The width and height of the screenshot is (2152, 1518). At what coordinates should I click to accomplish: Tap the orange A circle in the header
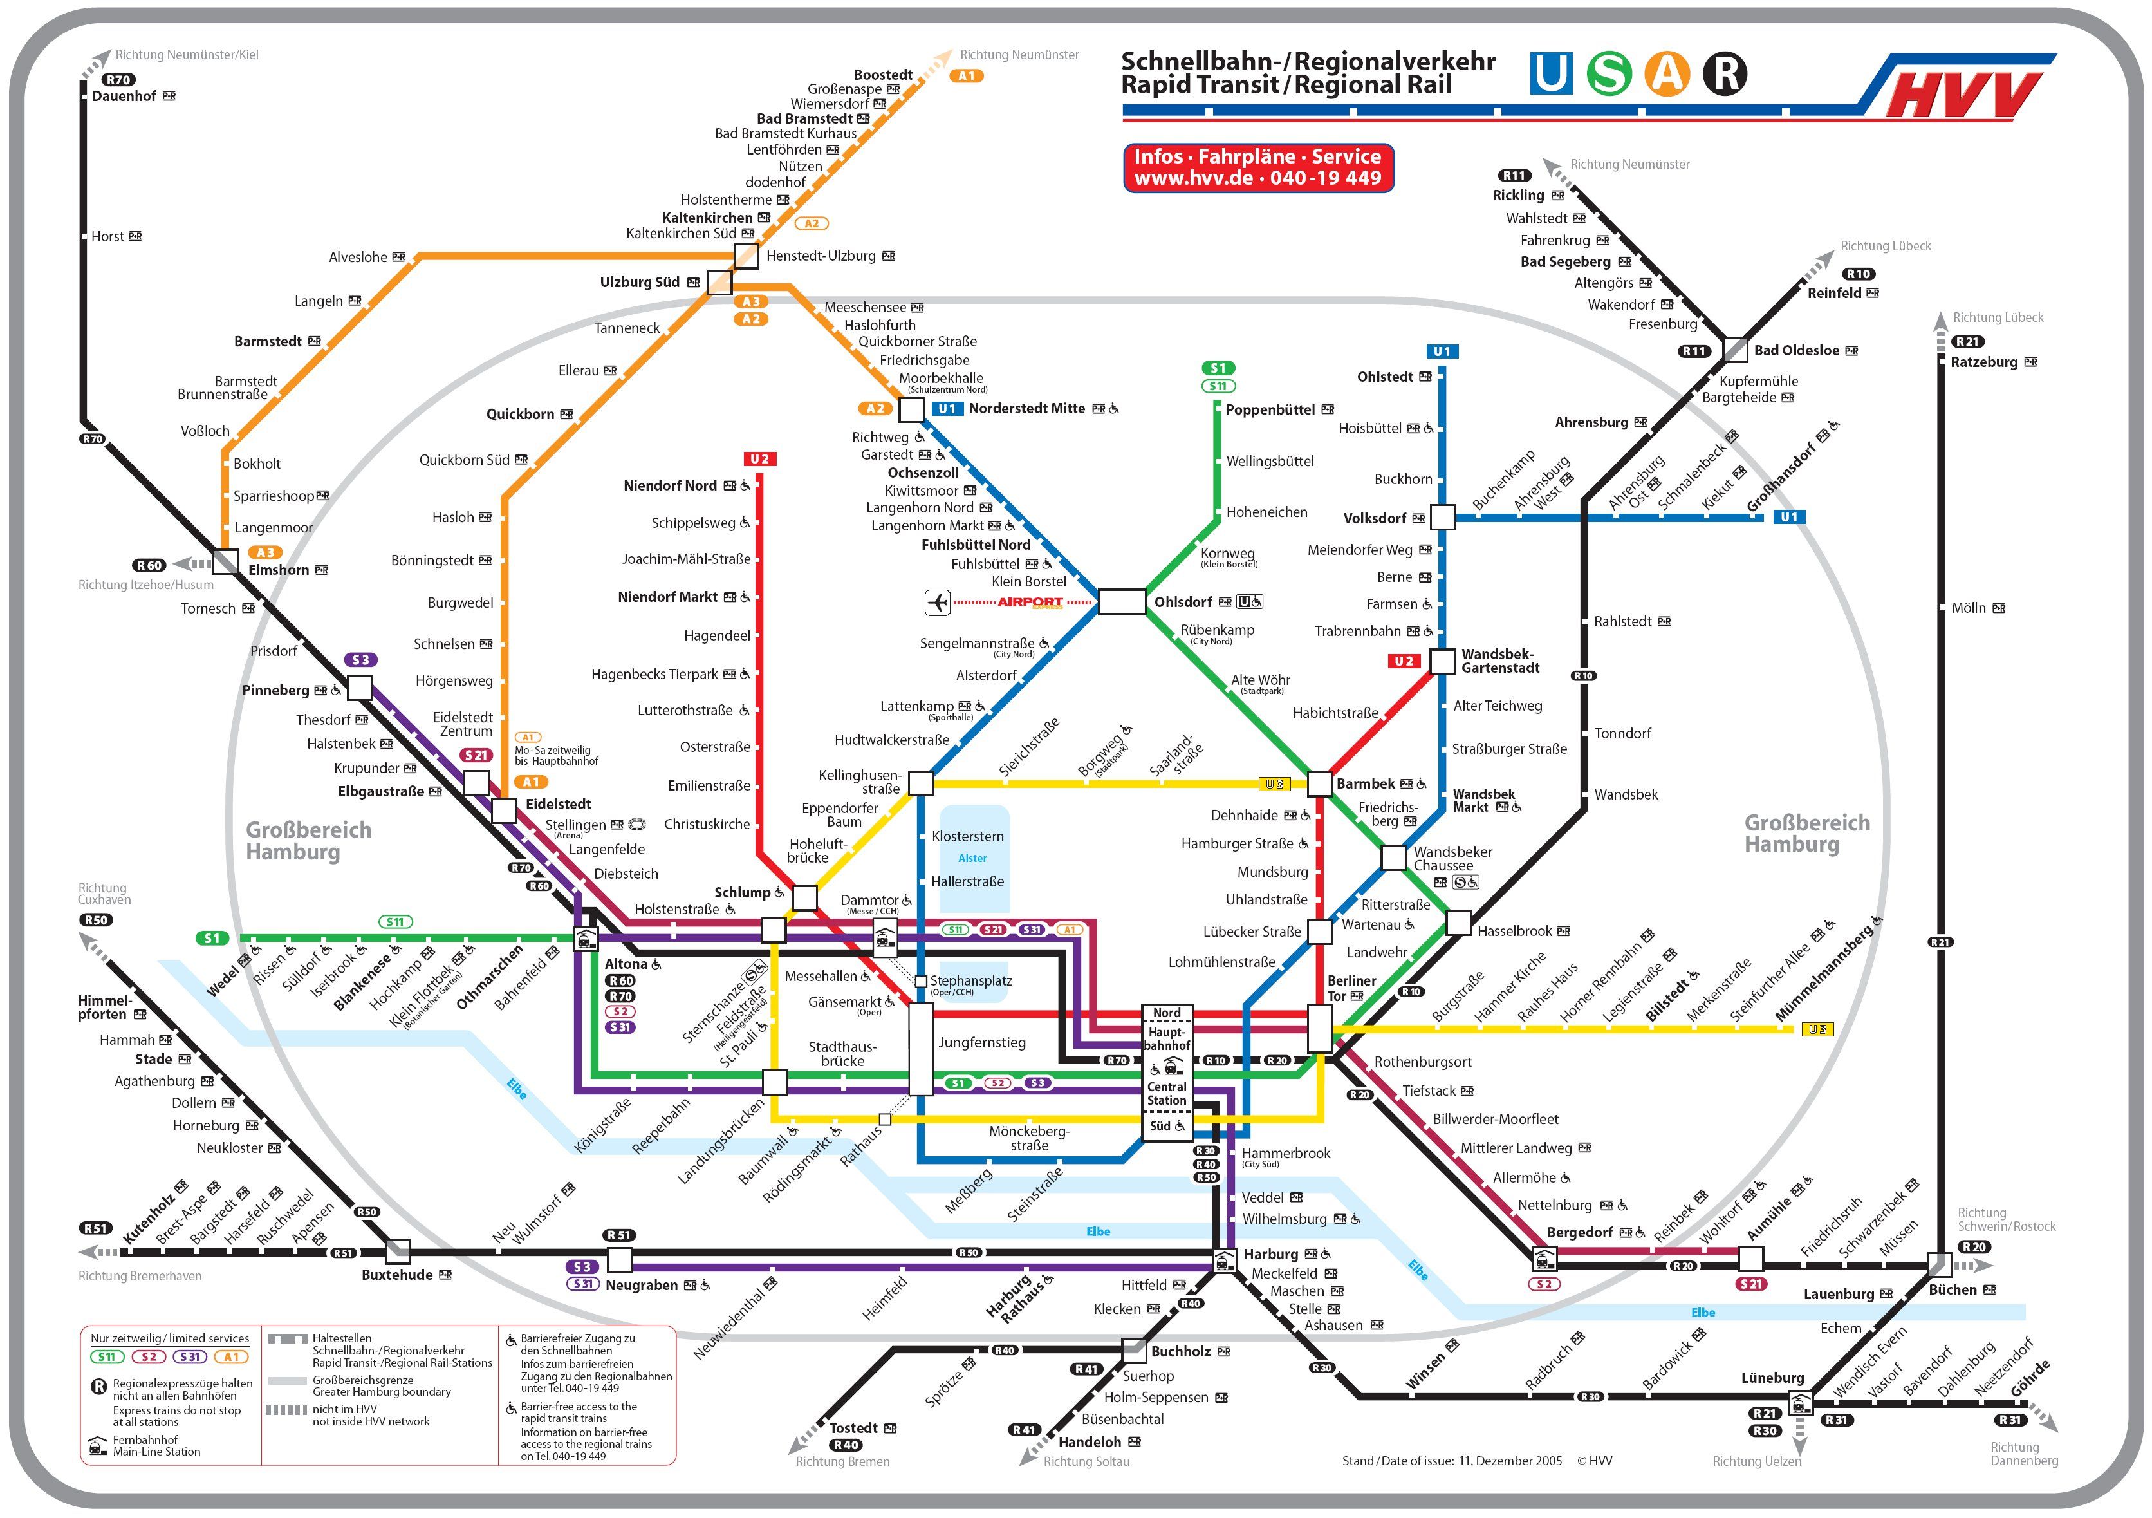click(x=1667, y=74)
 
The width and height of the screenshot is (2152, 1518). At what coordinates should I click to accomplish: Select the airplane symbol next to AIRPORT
click(x=937, y=602)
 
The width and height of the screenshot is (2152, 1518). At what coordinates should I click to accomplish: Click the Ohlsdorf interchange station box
click(x=1121, y=602)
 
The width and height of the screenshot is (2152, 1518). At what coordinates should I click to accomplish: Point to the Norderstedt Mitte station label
click(x=1026, y=409)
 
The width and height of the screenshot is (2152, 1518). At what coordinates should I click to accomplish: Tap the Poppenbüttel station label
click(x=1270, y=409)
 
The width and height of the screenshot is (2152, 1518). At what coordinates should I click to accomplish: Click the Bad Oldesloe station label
click(x=1796, y=351)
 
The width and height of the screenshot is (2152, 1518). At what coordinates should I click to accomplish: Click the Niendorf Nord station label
click(x=669, y=485)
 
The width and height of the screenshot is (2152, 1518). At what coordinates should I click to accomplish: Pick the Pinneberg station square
click(x=360, y=688)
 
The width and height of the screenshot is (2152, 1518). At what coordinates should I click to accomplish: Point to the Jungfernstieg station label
click(x=981, y=1043)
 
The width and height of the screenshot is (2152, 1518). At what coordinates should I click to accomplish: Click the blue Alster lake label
click(x=972, y=858)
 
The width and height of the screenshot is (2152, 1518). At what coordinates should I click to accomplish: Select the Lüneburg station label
click(x=1772, y=1378)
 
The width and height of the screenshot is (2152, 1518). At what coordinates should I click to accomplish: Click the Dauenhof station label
click(x=124, y=97)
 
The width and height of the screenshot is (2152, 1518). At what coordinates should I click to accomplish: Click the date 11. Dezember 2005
click(x=1510, y=1461)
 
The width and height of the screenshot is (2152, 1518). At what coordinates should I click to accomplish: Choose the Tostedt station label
click(x=853, y=1428)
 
